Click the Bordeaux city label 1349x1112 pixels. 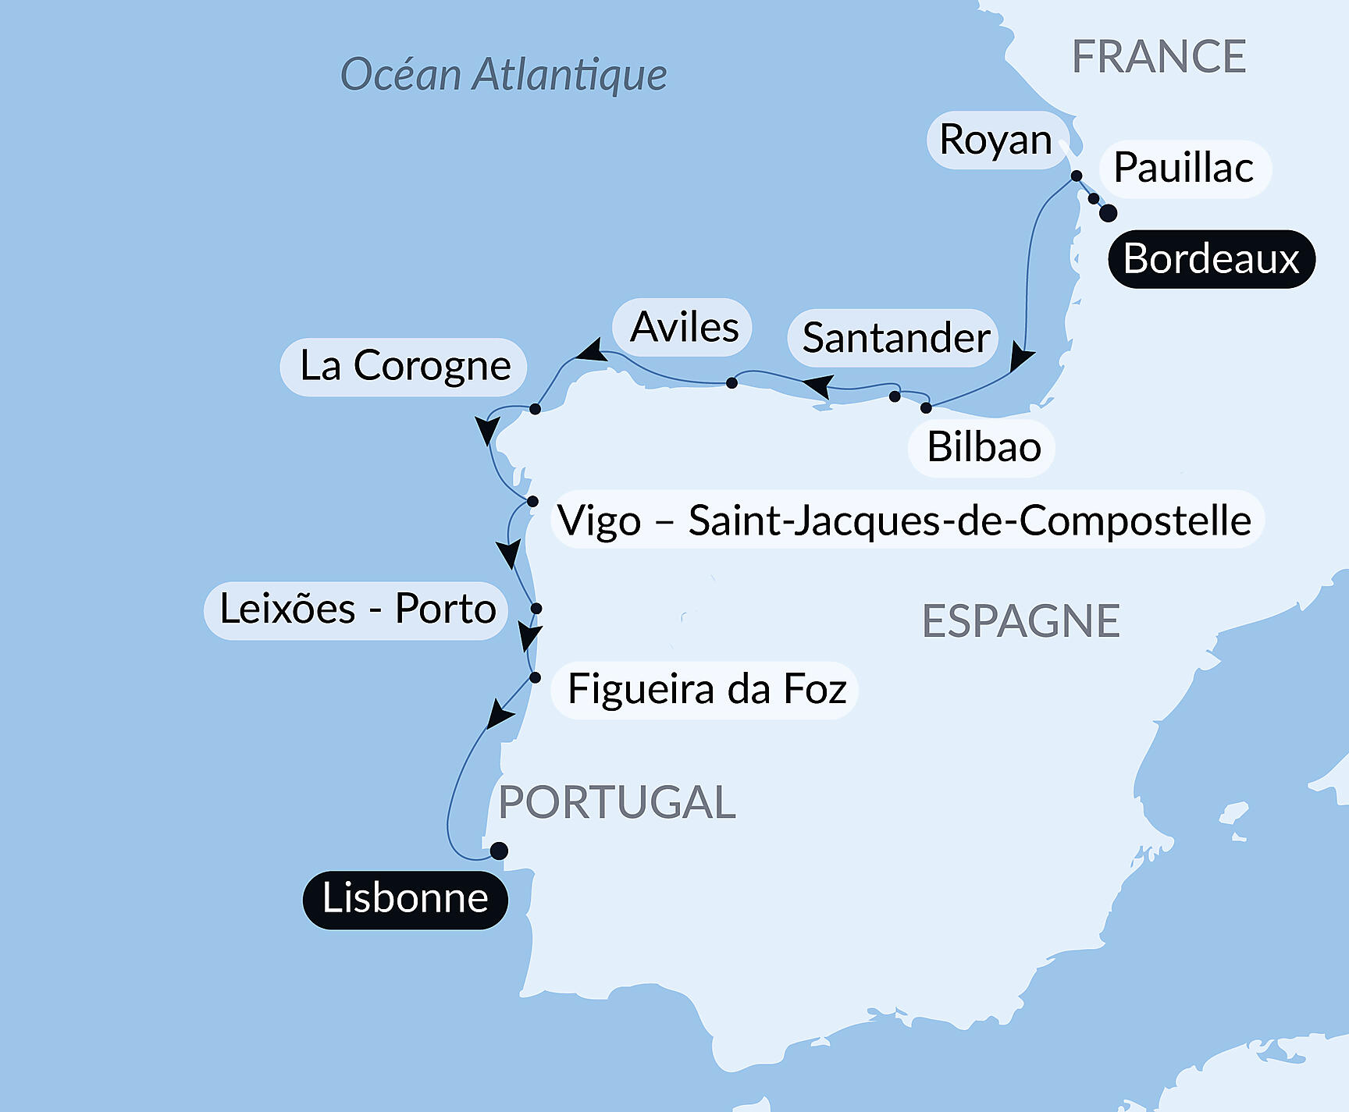pyautogui.click(x=1211, y=259)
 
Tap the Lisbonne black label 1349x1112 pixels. pyautogui.click(x=405, y=899)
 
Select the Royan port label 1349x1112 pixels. pyautogui.click(x=996, y=140)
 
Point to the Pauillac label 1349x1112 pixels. pyautogui.click(x=1183, y=169)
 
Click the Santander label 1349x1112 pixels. pyautogui.click(x=895, y=338)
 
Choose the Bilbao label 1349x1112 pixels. pyautogui.click(x=983, y=448)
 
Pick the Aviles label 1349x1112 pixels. pyautogui.click(x=684, y=327)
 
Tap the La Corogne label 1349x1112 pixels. pyautogui.click(x=404, y=366)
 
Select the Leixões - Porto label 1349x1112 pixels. pyautogui.click(x=357, y=609)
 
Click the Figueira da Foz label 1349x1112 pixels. pyautogui.click(x=706, y=690)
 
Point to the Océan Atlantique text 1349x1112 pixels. pyautogui.click(x=504, y=76)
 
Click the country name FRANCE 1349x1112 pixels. pyautogui.click(x=1159, y=57)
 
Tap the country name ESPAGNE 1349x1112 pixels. pyautogui.click(x=1020, y=622)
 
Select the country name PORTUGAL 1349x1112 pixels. pyautogui.click(x=617, y=802)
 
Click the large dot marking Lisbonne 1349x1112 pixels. pyautogui.click(x=499, y=851)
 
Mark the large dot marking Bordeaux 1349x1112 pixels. pyautogui.click(x=1108, y=213)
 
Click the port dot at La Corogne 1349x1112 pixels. pyautogui.click(x=535, y=409)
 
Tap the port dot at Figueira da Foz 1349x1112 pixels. pyautogui.click(x=535, y=677)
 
